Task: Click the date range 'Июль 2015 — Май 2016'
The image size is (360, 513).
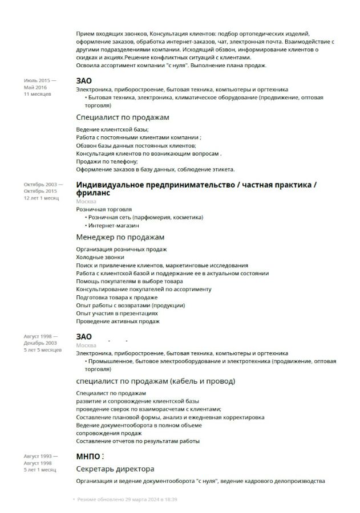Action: pyautogui.click(x=39, y=84)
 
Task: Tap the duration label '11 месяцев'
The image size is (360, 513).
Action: pyautogui.click(x=37, y=94)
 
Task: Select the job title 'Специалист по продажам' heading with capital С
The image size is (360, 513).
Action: pyautogui.click(x=123, y=117)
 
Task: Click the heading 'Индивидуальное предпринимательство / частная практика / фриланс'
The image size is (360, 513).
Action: pyautogui.click(x=196, y=189)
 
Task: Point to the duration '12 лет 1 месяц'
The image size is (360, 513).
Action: pyautogui.click(x=41, y=198)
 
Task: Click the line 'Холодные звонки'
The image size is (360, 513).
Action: pyautogui.click(x=100, y=258)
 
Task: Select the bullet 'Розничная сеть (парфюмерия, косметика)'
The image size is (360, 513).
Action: pyautogui.click(x=143, y=217)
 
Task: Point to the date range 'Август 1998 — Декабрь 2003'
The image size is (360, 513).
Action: pyautogui.click(x=40, y=340)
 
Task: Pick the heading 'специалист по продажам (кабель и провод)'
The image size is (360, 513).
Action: pyautogui.click(x=155, y=381)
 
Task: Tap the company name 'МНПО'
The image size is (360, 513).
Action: pyautogui.click(x=88, y=457)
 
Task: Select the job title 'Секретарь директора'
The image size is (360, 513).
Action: pyautogui.click(x=115, y=469)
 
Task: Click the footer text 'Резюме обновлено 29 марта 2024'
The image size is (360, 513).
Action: pyautogui.click(x=127, y=499)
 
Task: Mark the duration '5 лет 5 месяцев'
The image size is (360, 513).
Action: pyautogui.click(x=42, y=350)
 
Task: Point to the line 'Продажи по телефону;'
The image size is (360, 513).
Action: pyautogui.click(x=107, y=161)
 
